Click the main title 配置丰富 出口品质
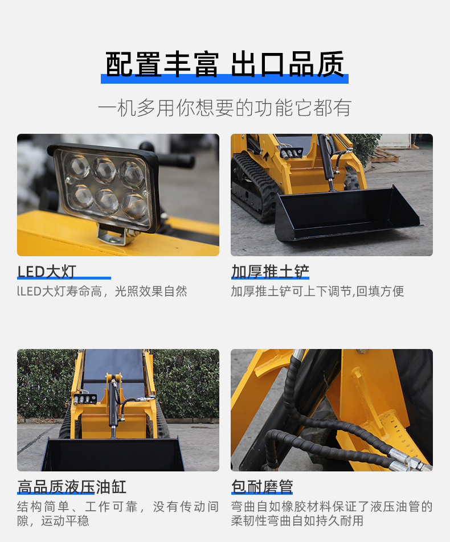[225, 64]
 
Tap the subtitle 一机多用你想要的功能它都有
[224, 108]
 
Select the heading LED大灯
[47, 272]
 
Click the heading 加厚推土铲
[270, 272]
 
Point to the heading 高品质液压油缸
[72, 487]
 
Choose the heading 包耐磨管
[262, 487]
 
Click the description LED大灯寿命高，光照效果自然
[103, 291]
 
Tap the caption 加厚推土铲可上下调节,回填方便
[317, 291]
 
